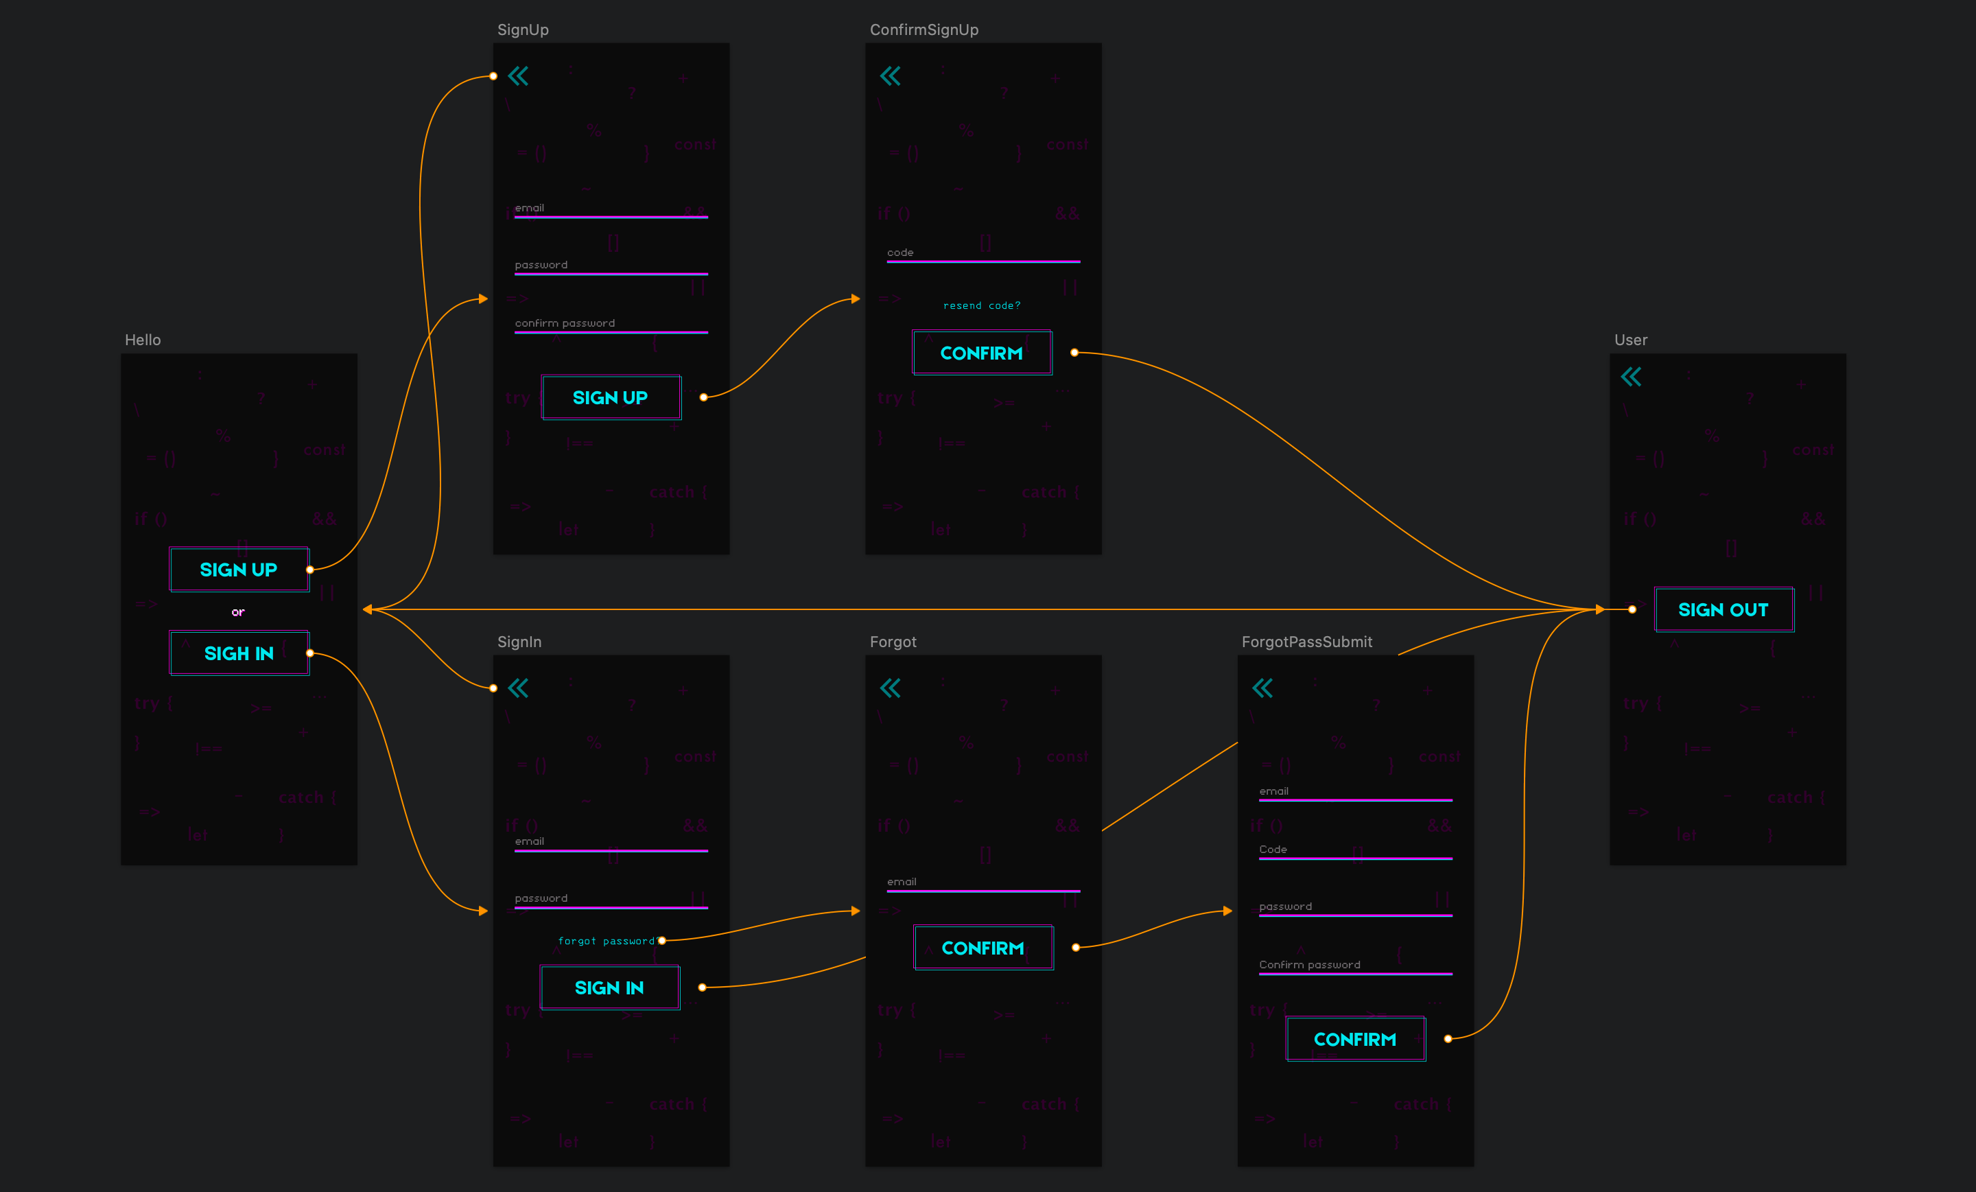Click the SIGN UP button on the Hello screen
(x=239, y=570)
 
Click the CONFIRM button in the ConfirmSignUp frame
(x=982, y=353)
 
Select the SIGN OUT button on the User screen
(x=1724, y=609)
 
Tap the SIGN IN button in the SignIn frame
(x=609, y=988)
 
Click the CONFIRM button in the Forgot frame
(x=983, y=948)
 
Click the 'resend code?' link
(x=982, y=305)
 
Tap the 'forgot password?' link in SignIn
(x=607, y=941)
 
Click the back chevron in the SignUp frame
(x=519, y=76)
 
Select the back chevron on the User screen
(x=1631, y=376)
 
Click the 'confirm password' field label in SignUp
(x=565, y=323)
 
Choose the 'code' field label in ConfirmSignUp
(x=899, y=253)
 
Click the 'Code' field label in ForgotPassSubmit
(x=1273, y=850)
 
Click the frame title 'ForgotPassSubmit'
(x=1306, y=642)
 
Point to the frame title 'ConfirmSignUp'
(x=924, y=30)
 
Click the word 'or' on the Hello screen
(x=238, y=612)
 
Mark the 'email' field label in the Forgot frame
(x=902, y=882)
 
